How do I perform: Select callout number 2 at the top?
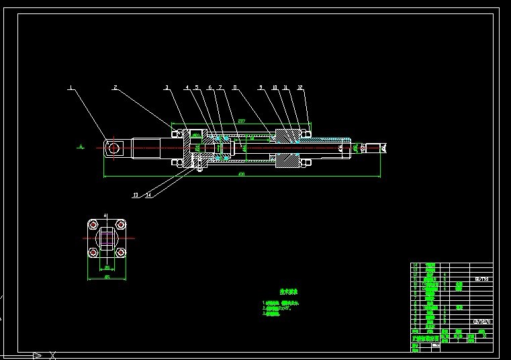(x=115, y=87)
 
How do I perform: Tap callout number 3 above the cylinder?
(x=167, y=87)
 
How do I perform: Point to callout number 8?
(x=234, y=87)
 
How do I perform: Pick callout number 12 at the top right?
(x=299, y=87)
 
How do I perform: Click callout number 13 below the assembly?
(x=136, y=195)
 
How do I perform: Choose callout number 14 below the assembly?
(x=148, y=195)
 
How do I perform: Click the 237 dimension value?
(x=242, y=121)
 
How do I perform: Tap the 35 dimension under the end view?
(x=107, y=267)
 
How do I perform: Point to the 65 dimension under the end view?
(x=107, y=276)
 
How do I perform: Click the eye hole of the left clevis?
(x=113, y=147)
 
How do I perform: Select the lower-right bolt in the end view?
(x=120, y=253)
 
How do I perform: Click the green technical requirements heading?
(x=289, y=292)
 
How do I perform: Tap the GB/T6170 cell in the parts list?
(x=481, y=322)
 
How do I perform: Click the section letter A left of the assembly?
(x=80, y=146)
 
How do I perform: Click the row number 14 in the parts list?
(x=414, y=266)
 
